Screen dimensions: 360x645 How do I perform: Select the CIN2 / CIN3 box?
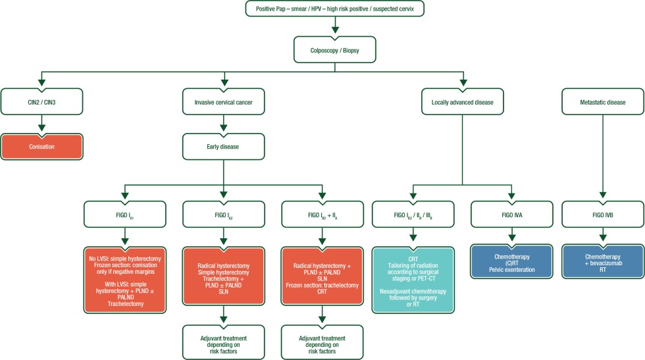(42, 102)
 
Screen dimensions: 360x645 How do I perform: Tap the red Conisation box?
(42, 147)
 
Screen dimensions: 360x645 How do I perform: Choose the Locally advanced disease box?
(462, 102)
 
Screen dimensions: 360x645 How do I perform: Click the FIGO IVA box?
(511, 214)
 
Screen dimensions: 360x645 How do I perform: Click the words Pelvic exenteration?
(511, 270)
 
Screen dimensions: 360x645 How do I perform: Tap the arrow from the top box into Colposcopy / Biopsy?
(335, 26)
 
